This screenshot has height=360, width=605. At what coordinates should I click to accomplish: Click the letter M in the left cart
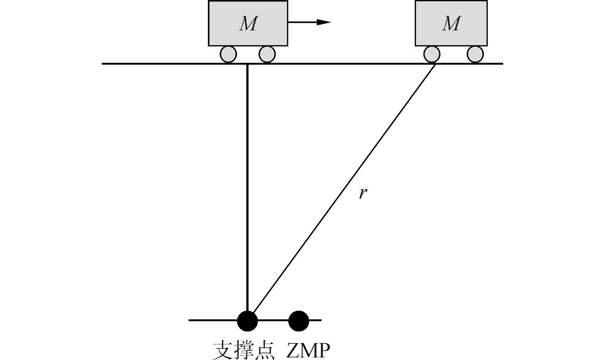pyautogui.click(x=248, y=24)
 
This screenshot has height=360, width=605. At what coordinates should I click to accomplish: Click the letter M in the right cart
pyautogui.click(x=451, y=24)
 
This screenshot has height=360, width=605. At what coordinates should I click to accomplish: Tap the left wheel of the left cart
pyautogui.click(x=228, y=54)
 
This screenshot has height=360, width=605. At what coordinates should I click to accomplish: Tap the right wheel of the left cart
pyautogui.click(x=267, y=54)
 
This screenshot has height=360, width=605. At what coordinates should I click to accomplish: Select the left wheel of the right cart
pyautogui.click(x=432, y=54)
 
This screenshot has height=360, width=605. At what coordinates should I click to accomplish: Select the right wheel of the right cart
pyautogui.click(x=475, y=54)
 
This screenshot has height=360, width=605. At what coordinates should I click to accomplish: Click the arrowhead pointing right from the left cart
pyautogui.click(x=323, y=22)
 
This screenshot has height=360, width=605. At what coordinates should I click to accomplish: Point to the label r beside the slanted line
pyautogui.click(x=362, y=193)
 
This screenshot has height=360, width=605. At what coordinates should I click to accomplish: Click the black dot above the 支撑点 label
pyautogui.click(x=247, y=320)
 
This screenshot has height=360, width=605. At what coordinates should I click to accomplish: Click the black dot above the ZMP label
pyautogui.click(x=298, y=320)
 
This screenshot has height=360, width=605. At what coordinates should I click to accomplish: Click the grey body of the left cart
pyautogui.click(x=224, y=35)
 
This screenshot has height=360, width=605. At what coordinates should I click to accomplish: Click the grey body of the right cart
pyautogui.click(x=429, y=35)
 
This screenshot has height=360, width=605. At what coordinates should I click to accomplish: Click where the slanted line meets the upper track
pyautogui.click(x=435, y=64)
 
